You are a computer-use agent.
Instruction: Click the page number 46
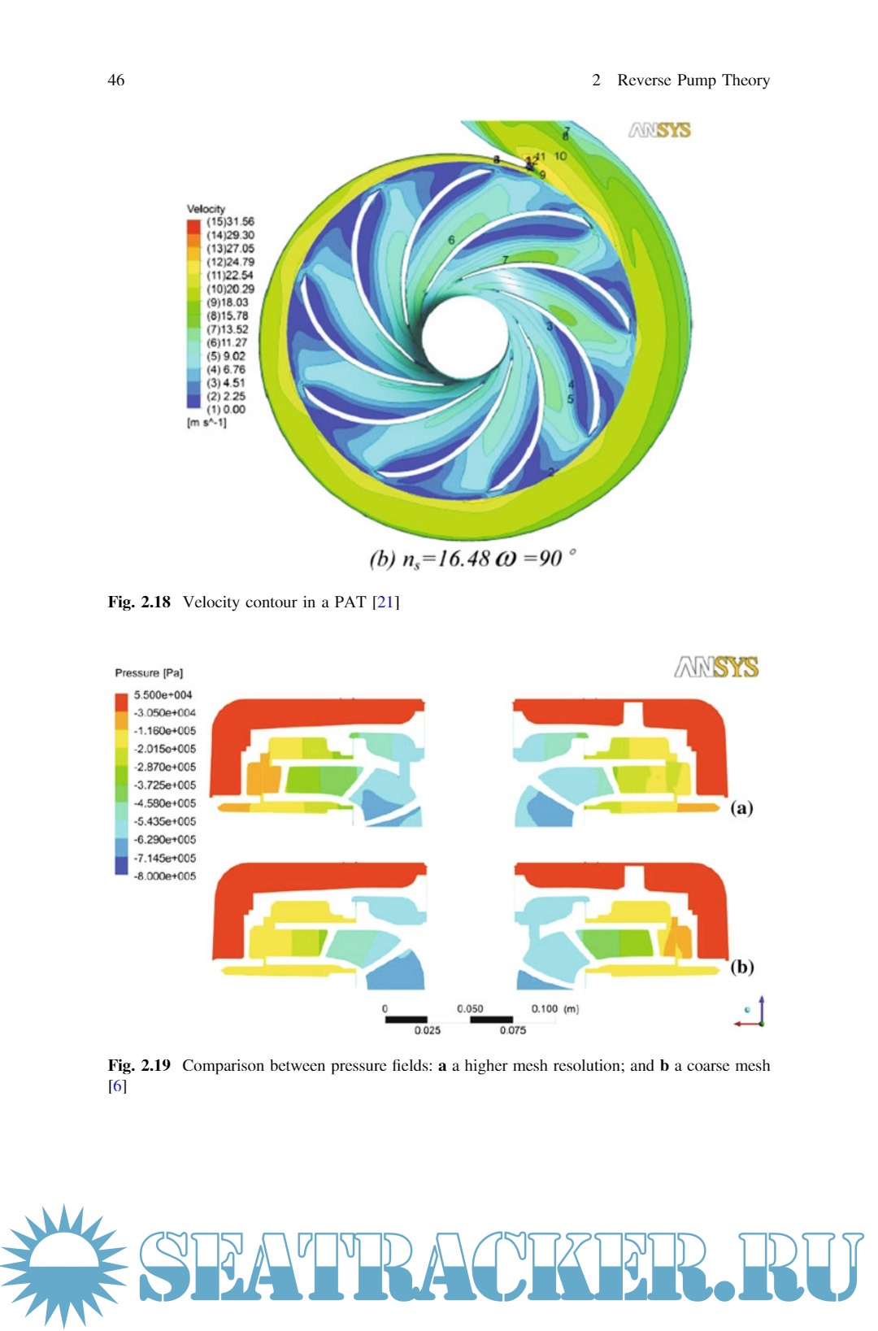click(116, 80)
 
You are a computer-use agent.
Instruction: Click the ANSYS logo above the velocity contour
click(659, 130)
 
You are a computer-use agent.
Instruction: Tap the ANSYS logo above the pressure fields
click(715, 668)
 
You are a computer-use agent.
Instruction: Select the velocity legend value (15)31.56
click(230, 221)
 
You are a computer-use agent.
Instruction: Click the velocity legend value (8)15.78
click(228, 315)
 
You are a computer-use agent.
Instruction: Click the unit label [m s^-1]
click(207, 423)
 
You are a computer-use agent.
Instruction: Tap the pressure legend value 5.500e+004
click(163, 695)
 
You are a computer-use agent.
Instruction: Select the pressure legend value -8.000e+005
click(165, 876)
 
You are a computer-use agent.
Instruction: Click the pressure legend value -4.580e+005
click(165, 803)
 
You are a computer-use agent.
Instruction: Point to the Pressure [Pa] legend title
click(149, 673)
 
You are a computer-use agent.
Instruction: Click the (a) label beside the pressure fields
click(741, 807)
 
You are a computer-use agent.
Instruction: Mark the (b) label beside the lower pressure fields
click(741, 967)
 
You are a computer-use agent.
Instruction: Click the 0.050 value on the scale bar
click(470, 1008)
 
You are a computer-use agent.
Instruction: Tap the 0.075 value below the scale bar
click(512, 1030)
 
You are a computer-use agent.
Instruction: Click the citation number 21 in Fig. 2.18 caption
click(385, 602)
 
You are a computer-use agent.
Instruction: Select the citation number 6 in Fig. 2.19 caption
click(117, 1086)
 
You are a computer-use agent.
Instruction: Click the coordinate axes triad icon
click(754, 1013)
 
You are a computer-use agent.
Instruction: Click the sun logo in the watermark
click(63, 1265)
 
